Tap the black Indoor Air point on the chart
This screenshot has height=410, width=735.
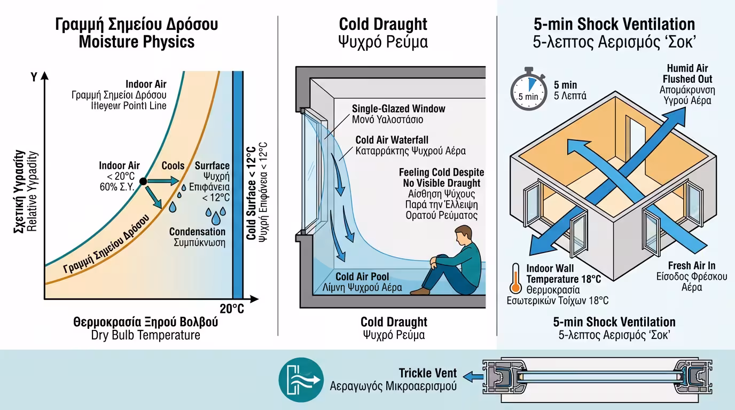pos(143,182)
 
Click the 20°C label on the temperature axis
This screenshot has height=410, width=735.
pos(232,309)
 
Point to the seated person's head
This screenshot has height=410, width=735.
pos(463,235)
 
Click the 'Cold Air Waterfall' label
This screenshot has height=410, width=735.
pos(392,140)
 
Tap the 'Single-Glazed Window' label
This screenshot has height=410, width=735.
pos(398,109)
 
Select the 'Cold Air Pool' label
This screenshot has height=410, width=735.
pos(362,277)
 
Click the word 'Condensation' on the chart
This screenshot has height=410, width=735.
pos(197,232)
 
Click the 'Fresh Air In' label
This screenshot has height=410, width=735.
pos(691,266)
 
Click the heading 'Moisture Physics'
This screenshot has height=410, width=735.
pos(137,42)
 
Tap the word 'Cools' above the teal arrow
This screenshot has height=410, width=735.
pos(173,166)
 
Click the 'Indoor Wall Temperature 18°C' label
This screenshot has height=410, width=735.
pos(563,273)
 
